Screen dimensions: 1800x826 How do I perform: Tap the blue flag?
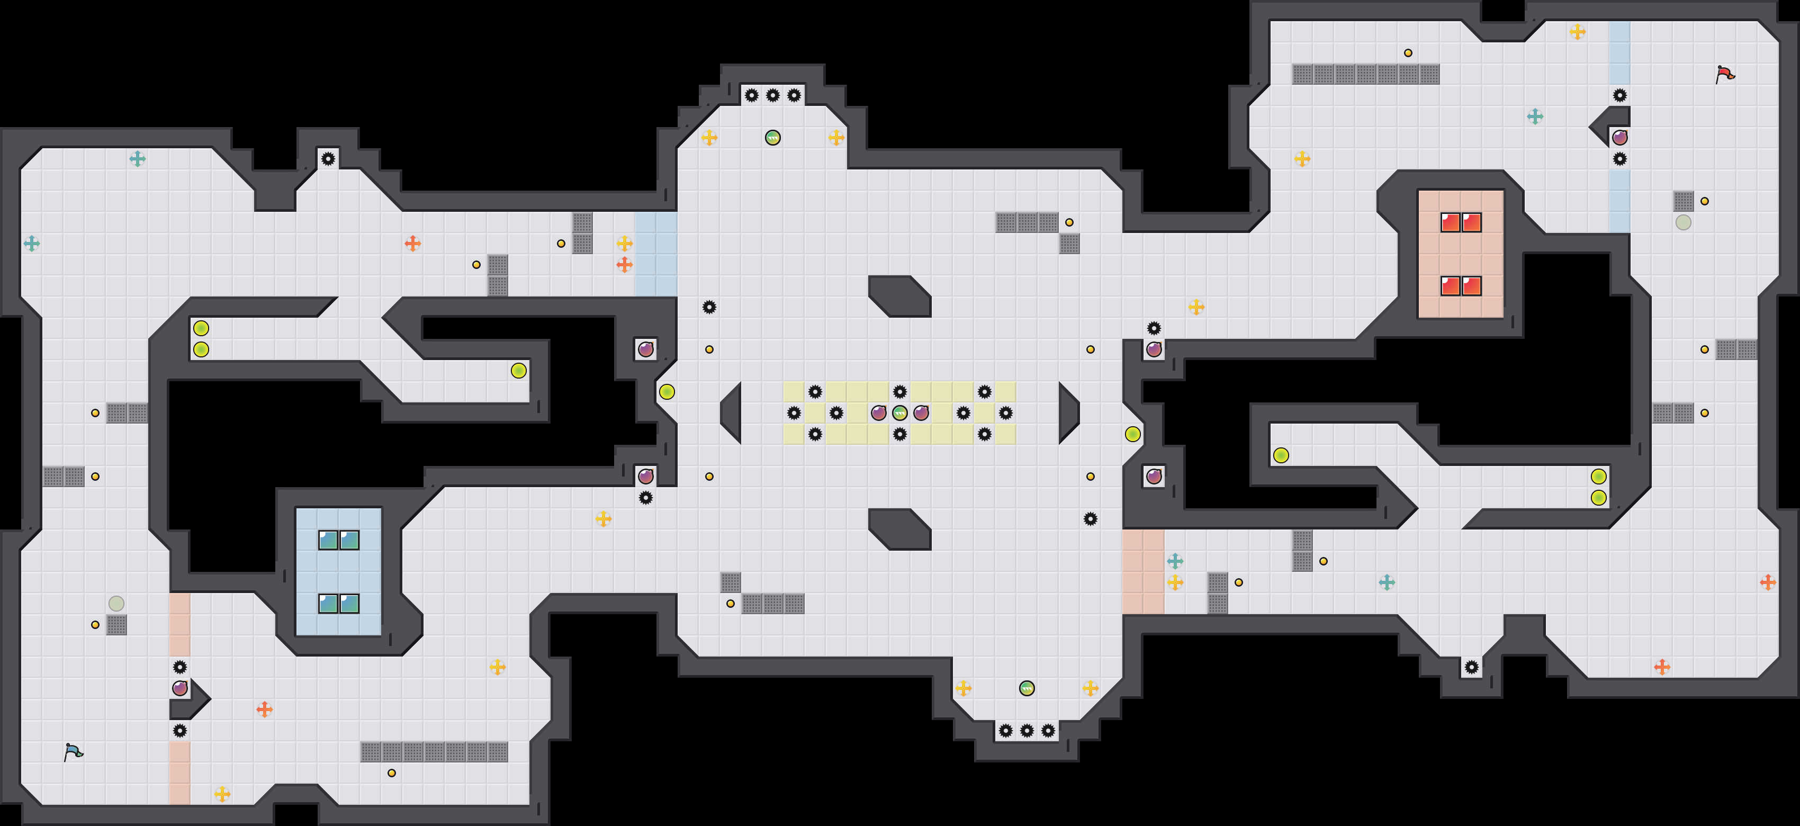pos(73,752)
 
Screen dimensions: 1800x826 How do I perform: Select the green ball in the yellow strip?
pos(900,413)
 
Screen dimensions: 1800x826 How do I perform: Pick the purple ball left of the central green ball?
pos(878,413)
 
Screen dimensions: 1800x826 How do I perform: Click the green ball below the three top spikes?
pos(773,138)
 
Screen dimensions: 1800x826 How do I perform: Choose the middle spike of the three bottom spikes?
pos(1027,731)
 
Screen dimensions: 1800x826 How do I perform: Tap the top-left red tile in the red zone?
pos(1451,222)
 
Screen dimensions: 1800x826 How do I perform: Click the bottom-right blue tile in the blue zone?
pos(349,604)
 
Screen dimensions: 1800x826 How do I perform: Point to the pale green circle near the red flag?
pos(1684,222)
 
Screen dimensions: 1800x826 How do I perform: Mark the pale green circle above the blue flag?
pos(116,603)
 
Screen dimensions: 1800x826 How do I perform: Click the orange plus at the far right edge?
pos(1768,582)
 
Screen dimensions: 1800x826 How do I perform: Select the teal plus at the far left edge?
pos(31,243)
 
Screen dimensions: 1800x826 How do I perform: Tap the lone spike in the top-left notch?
pos(328,159)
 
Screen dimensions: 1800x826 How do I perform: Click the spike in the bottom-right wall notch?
pos(1472,667)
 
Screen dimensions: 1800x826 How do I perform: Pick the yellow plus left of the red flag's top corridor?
pos(1577,31)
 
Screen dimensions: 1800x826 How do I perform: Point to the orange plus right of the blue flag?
pos(264,710)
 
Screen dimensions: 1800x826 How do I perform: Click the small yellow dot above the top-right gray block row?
pos(1408,53)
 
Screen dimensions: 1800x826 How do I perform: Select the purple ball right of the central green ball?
pos(921,413)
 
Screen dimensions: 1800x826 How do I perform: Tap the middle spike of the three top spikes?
pos(773,95)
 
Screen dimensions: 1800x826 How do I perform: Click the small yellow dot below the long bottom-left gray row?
pos(391,773)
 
